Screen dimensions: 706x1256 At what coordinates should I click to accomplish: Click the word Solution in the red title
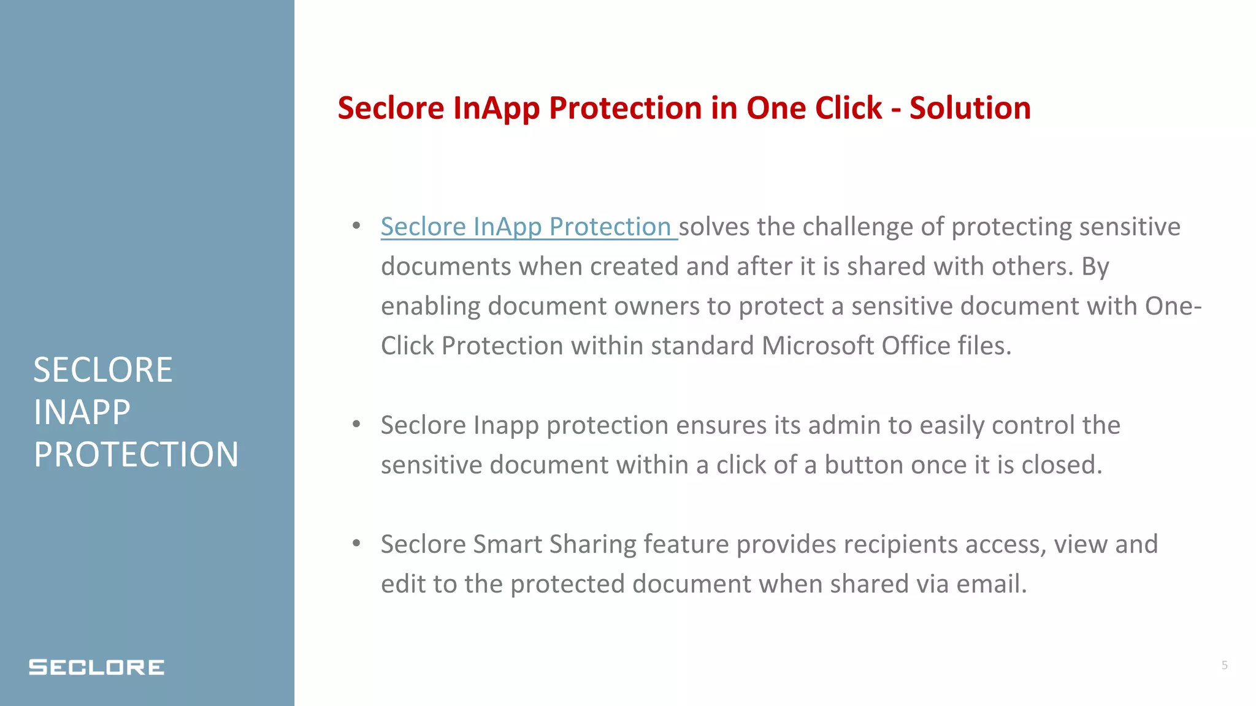tap(970, 108)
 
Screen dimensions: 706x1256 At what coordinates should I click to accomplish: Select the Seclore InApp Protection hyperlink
tap(526, 227)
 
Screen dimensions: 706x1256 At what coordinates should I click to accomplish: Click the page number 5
tap(1224, 665)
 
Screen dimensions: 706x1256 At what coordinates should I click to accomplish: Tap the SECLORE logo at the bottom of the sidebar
tap(96, 667)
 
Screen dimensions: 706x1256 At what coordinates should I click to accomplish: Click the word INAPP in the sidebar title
tap(82, 412)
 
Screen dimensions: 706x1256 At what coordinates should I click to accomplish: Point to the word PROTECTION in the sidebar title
tap(136, 455)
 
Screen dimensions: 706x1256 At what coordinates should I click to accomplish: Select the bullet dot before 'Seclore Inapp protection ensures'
tap(356, 424)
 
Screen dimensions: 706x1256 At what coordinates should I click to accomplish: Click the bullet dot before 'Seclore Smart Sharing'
tap(356, 543)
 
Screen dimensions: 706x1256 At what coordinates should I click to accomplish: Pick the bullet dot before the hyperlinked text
tap(356, 226)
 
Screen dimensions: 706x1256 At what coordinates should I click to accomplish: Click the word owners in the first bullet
tap(656, 306)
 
